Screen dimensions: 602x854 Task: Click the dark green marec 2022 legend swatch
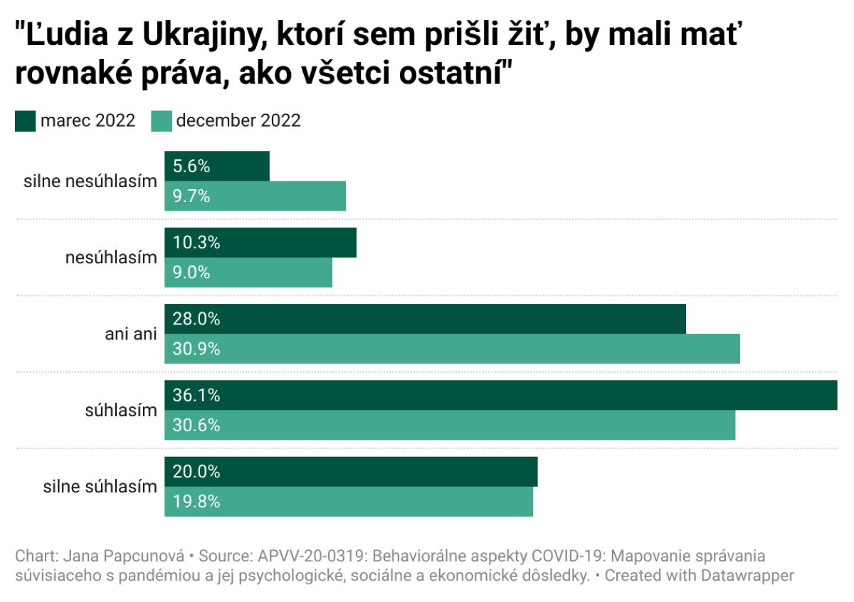(x=26, y=121)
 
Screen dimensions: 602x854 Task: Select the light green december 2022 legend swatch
(x=162, y=121)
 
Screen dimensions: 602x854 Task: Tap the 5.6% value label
(x=191, y=167)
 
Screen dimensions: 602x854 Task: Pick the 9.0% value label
(x=191, y=273)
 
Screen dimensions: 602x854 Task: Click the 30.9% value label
(x=196, y=349)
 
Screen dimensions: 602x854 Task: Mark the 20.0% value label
(x=196, y=472)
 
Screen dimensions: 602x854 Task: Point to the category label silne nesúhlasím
(x=90, y=182)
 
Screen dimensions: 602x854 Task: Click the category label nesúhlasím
(x=111, y=258)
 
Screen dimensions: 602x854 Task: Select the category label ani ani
(x=130, y=334)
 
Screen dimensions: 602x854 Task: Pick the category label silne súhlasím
(x=100, y=487)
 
